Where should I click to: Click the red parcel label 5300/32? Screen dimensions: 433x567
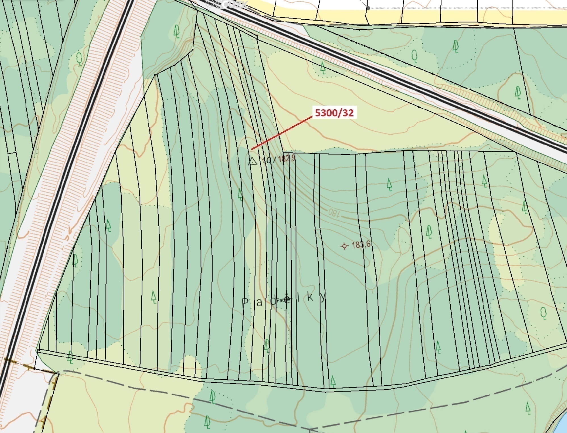point(334,113)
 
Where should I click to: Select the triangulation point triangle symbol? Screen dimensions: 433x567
point(252,161)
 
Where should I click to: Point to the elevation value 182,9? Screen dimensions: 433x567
point(287,158)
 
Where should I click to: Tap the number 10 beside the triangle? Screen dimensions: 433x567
point(267,160)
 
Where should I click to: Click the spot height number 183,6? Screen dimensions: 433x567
point(361,244)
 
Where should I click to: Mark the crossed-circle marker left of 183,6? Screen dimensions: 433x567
point(344,246)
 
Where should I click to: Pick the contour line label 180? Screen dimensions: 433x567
point(334,213)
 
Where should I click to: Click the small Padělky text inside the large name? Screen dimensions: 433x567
point(284,300)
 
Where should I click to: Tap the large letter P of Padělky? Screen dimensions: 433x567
point(245,303)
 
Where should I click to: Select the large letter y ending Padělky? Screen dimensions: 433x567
point(323,297)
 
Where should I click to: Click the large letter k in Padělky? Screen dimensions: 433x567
point(310,297)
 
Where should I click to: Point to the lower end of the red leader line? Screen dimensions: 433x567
point(252,149)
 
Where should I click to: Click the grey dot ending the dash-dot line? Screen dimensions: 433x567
point(368,8)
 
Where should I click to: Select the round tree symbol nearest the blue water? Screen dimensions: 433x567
point(543,313)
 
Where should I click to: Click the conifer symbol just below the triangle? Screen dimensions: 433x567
point(240,195)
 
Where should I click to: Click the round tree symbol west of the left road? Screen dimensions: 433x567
point(79,59)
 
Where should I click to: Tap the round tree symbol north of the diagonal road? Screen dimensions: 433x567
point(414,56)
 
